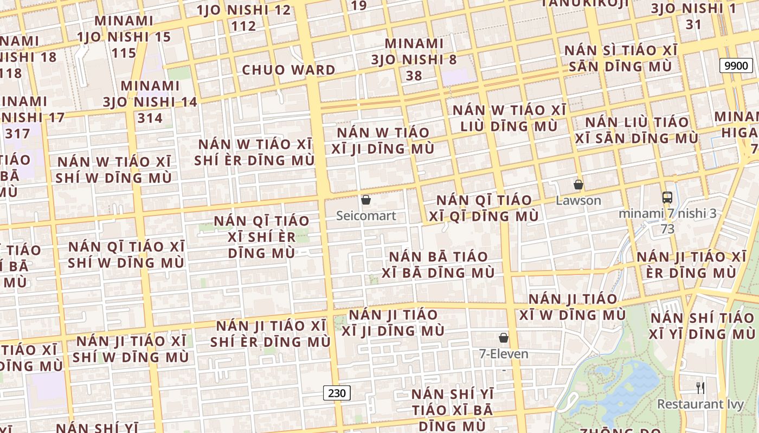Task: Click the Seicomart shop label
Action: (366, 215)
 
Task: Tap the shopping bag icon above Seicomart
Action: (366, 200)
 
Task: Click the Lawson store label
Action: (578, 200)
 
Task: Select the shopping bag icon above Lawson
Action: (578, 185)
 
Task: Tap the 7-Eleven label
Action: (504, 354)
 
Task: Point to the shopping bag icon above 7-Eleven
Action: (504, 338)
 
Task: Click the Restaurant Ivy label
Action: (699, 404)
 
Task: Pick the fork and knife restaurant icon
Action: (700, 388)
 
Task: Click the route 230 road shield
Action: (337, 393)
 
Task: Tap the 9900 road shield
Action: (736, 66)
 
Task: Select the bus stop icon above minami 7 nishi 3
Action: (667, 198)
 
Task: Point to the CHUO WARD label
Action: (288, 70)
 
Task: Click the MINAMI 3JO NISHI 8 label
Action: (414, 59)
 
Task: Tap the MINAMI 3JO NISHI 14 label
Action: (150, 102)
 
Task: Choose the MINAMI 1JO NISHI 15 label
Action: (124, 37)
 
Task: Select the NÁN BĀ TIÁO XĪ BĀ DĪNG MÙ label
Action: (438, 264)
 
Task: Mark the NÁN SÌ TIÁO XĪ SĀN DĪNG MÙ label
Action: (621, 58)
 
